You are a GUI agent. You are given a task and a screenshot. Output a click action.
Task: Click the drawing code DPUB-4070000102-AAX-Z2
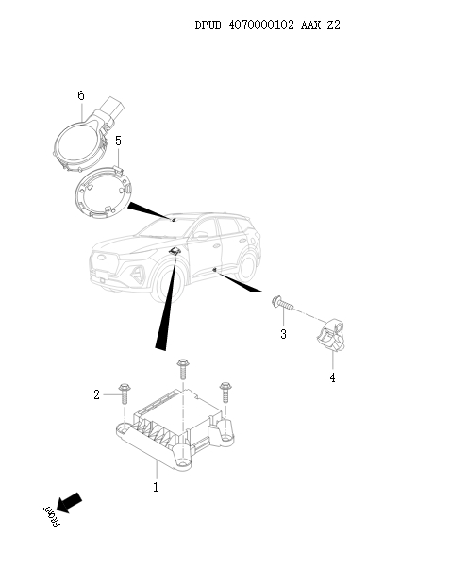[267, 25]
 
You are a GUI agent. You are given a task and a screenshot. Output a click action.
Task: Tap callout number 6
[81, 96]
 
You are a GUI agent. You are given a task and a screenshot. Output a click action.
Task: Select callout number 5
[118, 141]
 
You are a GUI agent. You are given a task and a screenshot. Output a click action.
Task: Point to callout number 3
[282, 334]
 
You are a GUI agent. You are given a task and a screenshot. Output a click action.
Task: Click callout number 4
[331, 377]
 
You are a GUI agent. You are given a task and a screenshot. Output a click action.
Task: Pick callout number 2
[96, 394]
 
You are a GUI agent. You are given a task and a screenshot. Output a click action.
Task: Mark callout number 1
[156, 487]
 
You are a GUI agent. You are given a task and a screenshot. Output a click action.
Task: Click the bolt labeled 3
[282, 304]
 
